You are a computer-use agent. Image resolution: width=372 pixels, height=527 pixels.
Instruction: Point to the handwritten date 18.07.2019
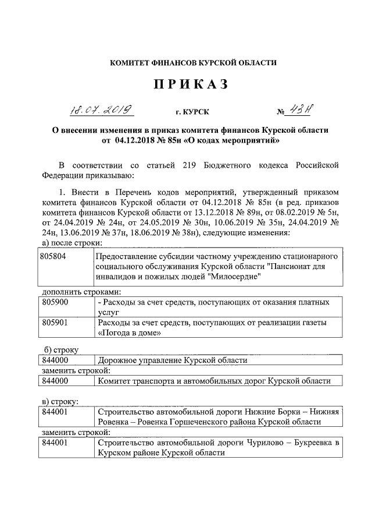[99, 109]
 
